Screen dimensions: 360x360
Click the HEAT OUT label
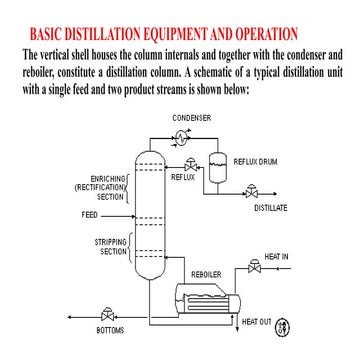coord(257,321)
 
